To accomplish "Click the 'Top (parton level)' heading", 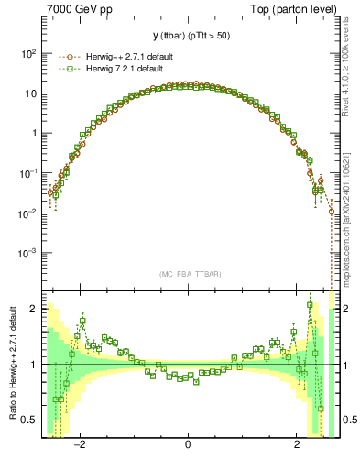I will point(295,10).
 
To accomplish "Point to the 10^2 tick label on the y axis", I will point(28,54).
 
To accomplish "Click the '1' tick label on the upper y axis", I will point(33,134).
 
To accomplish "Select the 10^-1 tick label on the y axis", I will point(28,173).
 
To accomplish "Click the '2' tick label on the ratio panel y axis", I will point(33,309).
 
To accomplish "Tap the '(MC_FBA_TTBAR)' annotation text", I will point(188,274).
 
